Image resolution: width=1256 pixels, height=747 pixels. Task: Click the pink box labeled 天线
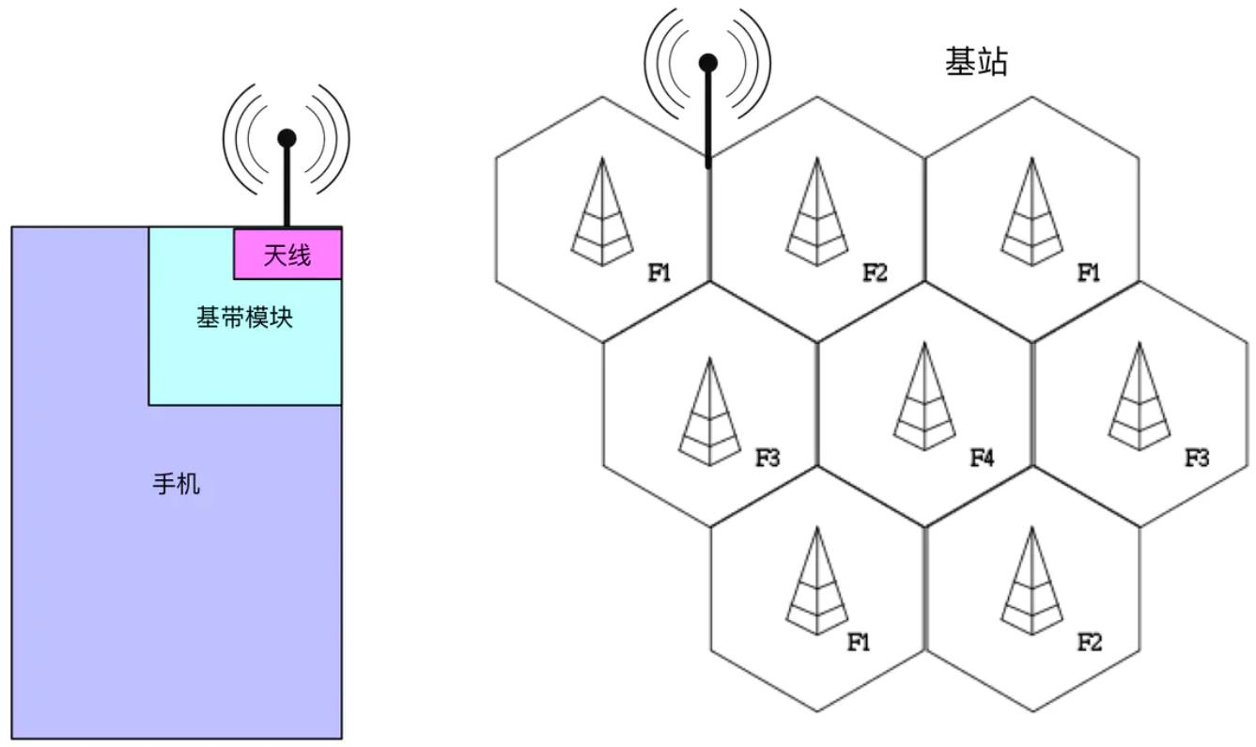click(287, 254)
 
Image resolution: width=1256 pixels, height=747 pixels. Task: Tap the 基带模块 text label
click(244, 318)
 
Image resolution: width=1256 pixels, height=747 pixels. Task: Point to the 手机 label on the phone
click(177, 485)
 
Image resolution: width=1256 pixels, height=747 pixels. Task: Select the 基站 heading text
click(976, 62)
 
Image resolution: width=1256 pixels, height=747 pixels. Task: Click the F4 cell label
click(982, 459)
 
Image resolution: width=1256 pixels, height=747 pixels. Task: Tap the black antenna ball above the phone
click(287, 138)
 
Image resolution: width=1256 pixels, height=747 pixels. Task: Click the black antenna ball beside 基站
click(707, 63)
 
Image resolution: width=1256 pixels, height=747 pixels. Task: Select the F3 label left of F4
click(768, 459)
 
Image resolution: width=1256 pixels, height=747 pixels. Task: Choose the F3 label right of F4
click(1196, 459)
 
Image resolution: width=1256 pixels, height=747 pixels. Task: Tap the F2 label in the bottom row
click(1089, 643)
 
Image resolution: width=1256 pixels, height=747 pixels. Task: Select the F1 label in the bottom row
click(859, 643)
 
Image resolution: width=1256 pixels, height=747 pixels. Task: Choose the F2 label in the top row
click(875, 273)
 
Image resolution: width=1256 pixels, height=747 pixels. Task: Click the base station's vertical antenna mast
click(707, 122)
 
